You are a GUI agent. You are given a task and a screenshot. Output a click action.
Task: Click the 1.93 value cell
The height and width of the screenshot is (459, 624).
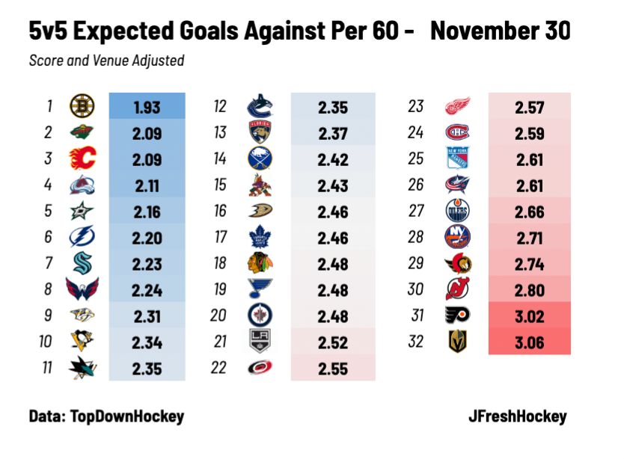click(147, 107)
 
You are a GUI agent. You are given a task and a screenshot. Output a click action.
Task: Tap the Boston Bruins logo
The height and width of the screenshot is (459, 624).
click(82, 107)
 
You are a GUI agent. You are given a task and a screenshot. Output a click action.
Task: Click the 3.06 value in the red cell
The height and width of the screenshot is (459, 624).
click(529, 342)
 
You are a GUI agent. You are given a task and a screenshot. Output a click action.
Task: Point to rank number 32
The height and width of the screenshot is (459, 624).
click(416, 342)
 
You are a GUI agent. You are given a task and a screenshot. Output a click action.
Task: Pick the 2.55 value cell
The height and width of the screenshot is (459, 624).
click(333, 368)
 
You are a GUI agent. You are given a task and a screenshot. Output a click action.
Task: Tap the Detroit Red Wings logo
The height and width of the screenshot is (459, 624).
click(458, 107)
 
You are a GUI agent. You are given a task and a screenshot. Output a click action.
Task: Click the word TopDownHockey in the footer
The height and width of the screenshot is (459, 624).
click(127, 416)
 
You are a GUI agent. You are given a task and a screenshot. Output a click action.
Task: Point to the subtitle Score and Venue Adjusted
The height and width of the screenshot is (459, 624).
click(106, 61)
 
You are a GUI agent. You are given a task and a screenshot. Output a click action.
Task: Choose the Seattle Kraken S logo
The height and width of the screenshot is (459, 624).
click(82, 263)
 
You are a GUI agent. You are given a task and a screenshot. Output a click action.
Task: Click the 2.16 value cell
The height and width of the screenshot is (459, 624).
click(147, 211)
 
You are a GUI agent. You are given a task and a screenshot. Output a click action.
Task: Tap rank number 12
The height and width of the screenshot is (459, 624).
click(219, 107)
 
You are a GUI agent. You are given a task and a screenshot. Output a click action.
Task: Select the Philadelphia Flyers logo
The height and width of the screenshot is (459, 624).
click(458, 315)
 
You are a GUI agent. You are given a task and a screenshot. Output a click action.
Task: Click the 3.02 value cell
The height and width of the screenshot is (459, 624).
click(529, 315)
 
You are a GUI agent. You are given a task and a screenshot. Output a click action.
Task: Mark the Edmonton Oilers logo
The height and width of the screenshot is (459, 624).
click(458, 211)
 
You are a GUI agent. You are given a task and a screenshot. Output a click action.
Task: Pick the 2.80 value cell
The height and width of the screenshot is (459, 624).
click(529, 289)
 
